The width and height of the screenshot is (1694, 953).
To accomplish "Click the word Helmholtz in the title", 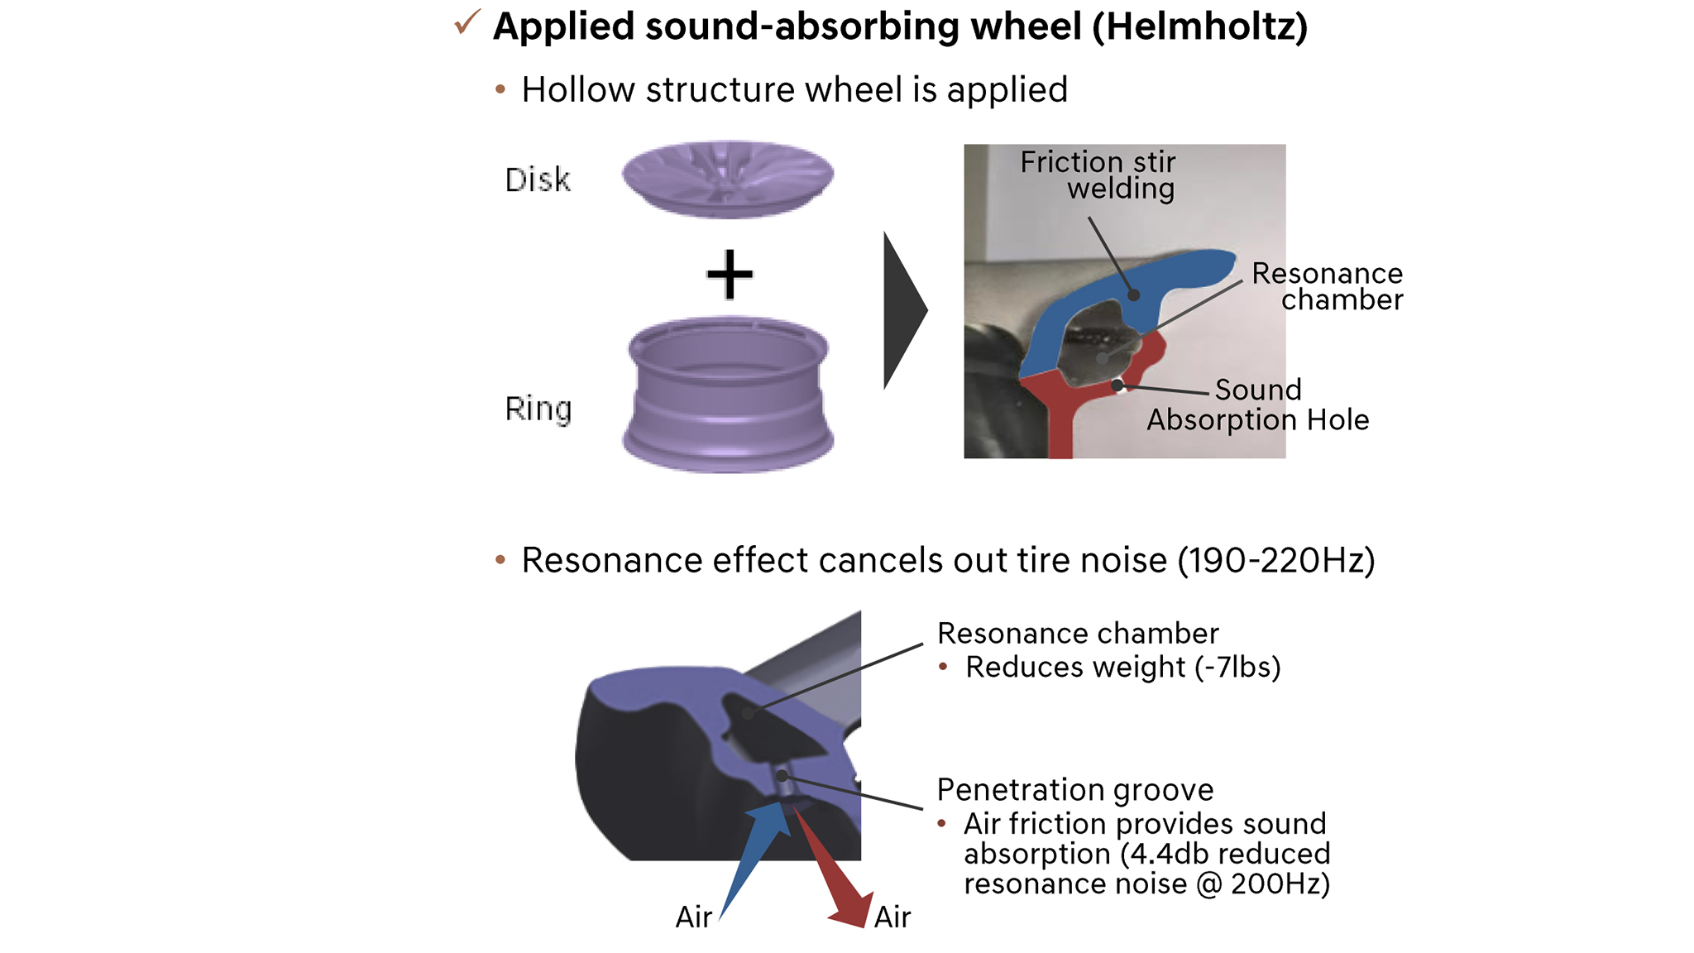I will tap(1199, 26).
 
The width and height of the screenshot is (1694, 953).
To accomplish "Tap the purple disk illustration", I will tap(728, 179).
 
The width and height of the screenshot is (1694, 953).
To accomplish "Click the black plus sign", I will tap(730, 274).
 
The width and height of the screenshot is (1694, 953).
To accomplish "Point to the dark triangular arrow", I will tap(902, 310).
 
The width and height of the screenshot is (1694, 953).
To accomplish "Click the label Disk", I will tap(538, 180).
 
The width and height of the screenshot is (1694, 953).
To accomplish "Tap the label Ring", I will tap(538, 409).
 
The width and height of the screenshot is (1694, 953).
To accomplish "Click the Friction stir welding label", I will tap(1098, 175).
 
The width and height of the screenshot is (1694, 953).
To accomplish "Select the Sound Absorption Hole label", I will tap(1257, 405).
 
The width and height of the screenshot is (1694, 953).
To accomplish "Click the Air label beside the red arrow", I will tap(892, 917).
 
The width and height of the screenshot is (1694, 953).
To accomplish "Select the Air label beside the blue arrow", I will tap(693, 917).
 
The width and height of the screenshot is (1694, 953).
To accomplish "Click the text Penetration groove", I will tap(1074, 789).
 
